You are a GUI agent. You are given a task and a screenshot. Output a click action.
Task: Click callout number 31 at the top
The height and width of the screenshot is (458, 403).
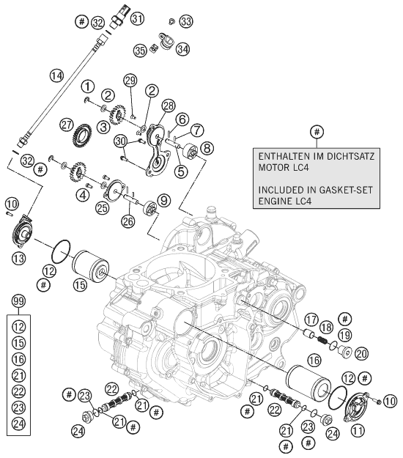pos(137,19)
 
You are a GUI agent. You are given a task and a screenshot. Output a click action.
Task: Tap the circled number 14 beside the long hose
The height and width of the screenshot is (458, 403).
pos(56,75)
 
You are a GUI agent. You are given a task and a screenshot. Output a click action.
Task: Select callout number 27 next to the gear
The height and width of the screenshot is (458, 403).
pos(67,125)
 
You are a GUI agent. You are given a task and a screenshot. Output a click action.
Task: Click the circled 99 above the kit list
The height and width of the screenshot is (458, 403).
pos(19,301)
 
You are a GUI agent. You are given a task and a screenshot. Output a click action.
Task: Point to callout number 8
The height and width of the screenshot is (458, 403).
pos(207,148)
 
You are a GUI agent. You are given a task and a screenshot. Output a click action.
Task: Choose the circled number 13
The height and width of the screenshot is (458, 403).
pos(19,258)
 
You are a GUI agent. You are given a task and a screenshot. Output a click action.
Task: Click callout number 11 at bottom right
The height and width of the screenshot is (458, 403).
pos(358,430)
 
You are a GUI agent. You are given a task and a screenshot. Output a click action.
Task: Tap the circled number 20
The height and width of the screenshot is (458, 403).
pos(361,354)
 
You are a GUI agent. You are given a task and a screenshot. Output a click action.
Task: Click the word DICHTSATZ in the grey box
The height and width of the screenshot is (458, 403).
pos(350,156)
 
